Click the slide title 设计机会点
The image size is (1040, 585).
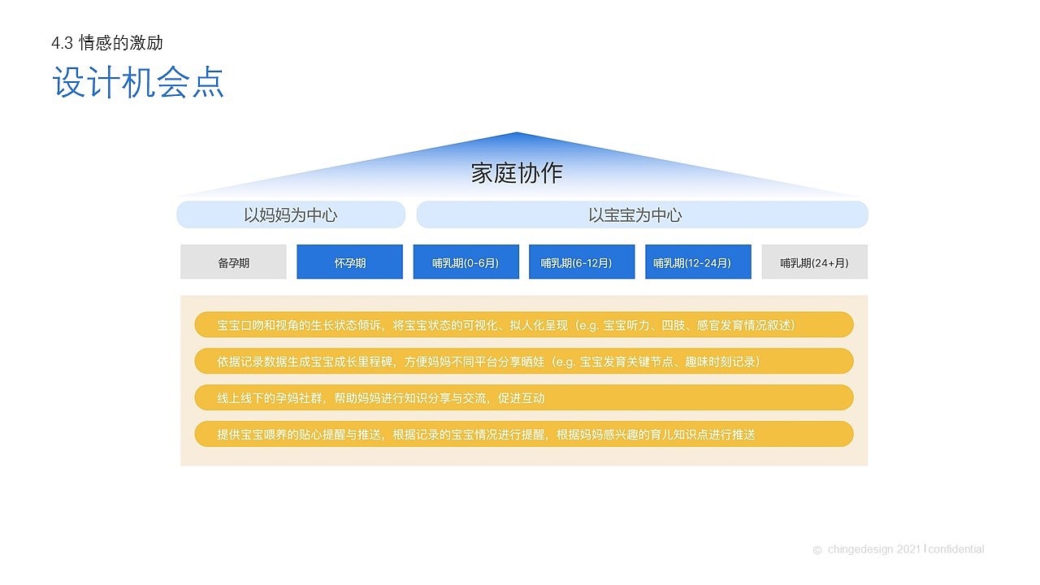(x=138, y=84)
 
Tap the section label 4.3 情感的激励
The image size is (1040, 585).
(x=106, y=43)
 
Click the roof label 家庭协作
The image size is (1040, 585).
(x=517, y=173)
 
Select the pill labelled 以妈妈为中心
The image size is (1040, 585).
(x=291, y=215)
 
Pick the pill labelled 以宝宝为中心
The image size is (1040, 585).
(x=642, y=215)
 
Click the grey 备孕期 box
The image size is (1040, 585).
(x=233, y=262)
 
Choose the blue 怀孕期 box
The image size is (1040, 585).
(x=349, y=262)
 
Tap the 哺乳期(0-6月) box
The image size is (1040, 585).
(x=466, y=262)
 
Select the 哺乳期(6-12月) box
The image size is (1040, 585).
(x=582, y=262)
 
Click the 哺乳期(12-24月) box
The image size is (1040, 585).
(x=698, y=262)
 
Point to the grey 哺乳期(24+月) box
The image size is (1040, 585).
(x=814, y=262)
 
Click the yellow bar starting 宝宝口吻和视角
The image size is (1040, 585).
(x=524, y=325)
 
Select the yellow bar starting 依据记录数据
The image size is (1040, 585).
(x=524, y=362)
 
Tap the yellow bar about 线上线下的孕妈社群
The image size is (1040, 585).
(x=524, y=398)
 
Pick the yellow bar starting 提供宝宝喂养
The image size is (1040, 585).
(x=524, y=435)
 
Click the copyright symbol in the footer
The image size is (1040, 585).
(x=817, y=550)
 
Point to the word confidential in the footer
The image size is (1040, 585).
(x=956, y=549)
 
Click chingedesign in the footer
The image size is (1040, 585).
(x=861, y=549)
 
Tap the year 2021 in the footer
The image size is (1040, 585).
(x=909, y=549)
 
